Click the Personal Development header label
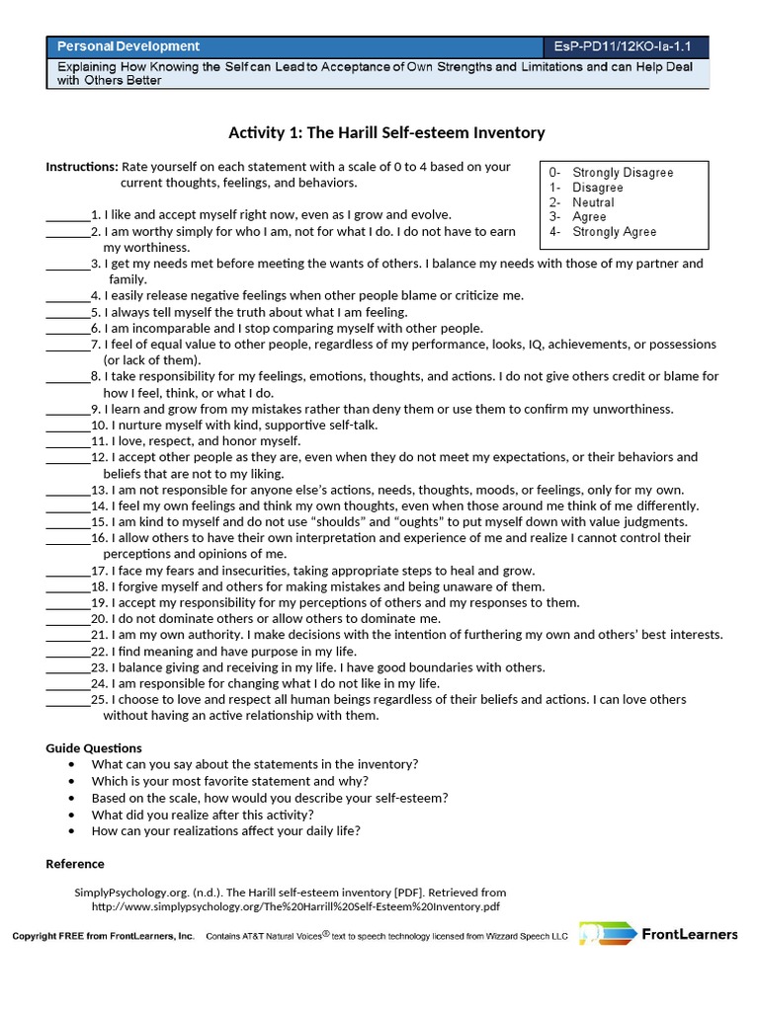(128, 46)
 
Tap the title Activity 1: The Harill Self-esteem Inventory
(386, 132)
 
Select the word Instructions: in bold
(82, 167)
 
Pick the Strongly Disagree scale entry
(623, 173)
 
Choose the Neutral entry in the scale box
(593, 202)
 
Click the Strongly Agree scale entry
(614, 232)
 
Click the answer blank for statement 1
(67, 215)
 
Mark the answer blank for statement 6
(67, 329)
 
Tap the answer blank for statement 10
(67, 426)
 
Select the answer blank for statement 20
(67, 619)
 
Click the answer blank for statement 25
(67, 700)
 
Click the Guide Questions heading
(94, 748)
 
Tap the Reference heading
(75, 864)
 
